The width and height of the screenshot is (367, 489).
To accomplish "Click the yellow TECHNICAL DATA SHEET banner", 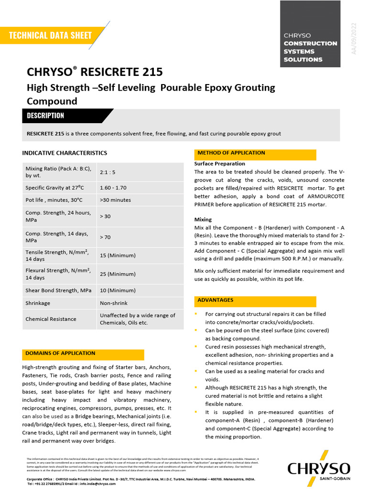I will [x=50, y=35].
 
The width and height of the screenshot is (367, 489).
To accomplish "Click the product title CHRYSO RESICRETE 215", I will [x=95, y=72].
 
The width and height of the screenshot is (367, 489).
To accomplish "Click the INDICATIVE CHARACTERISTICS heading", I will [x=65, y=153].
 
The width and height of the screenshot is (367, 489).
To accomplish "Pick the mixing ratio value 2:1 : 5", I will [x=108, y=172].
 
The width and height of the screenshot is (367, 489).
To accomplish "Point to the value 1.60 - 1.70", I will [x=113, y=188].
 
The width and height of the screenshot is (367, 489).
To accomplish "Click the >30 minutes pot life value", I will [x=115, y=200].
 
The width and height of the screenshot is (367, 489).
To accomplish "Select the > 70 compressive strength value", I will [x=105, y=237].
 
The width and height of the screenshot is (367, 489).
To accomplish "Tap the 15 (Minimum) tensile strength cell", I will [x=118, y=255].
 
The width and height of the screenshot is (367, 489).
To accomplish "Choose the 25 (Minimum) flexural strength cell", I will [x=118, y=274].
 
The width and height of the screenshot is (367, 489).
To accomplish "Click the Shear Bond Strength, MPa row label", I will [x=58, y=290].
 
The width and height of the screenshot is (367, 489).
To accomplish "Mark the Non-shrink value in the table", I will [x=114, y=303].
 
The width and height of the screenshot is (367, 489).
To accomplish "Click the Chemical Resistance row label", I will [x=51, y=319].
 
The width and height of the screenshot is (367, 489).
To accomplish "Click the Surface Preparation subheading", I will [x=219, y=164].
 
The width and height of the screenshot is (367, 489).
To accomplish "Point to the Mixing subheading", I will [x=203, y=220].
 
